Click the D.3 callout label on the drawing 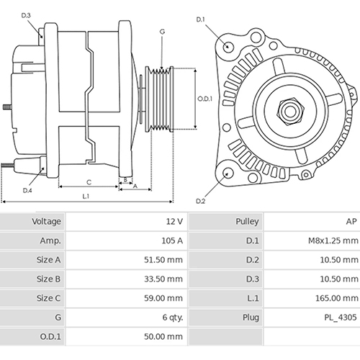coord(27,14)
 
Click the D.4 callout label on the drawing coord(27,190)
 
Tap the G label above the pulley coord(162,32)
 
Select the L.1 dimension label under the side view coord(85,196)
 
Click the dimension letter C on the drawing coord(89,181)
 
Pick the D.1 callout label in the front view coord(201,19)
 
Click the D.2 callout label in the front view coord(201,201)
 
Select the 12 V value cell coord(173,222)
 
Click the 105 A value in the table coord(171,241)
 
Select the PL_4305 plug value coord(340,316)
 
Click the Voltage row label coord(47,222)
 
